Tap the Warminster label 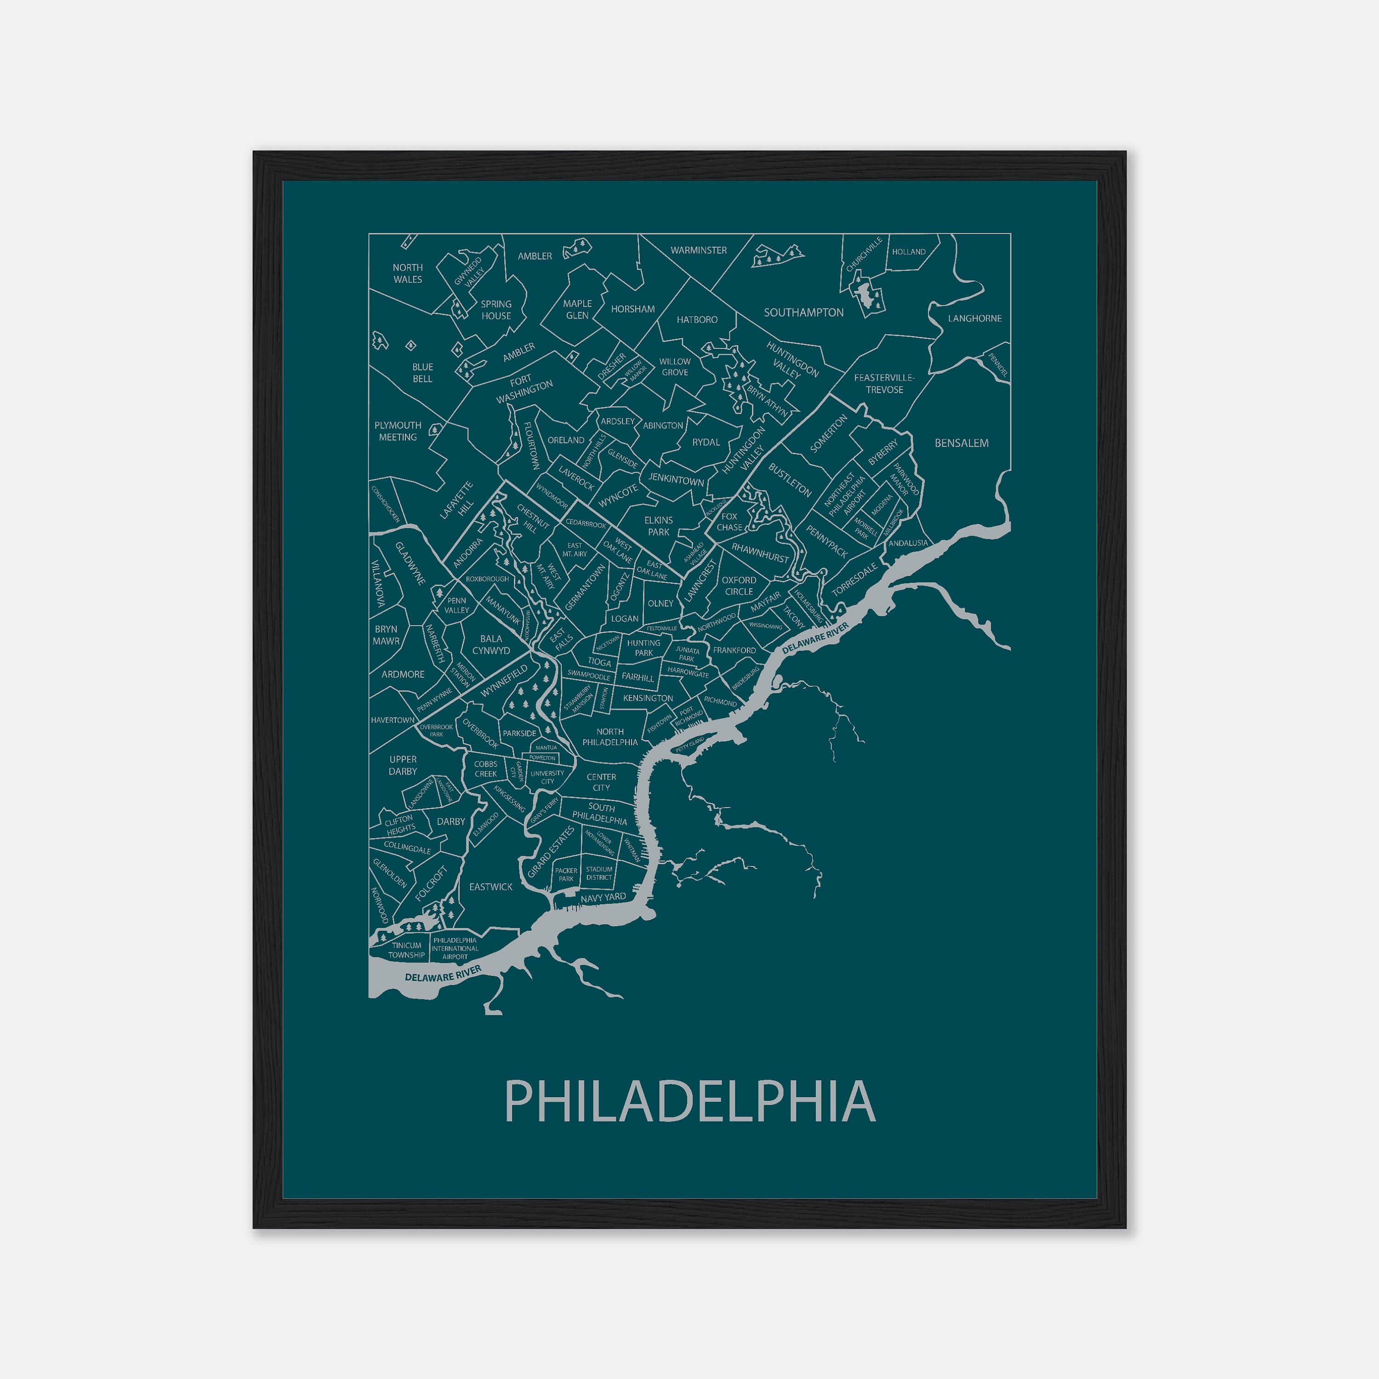click(x=698, y=251)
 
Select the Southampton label click(x=803, y=313)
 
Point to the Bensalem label click(x=962, y=443)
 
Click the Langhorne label click(x=974, y=319)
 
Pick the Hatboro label click(x=697, y=320)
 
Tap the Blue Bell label click(x=422, y=373)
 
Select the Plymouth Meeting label click(x=398, y=431)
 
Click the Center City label click(x=601, y=782)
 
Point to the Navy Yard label click(x=603, y=898)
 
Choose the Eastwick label click(x=490, y=887)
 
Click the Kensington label click(x=647, y=698)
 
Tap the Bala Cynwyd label click(x=491, y=644)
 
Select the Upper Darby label click(x=403, y=765)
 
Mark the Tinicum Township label click(x=406, y=950)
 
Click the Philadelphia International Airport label click(x=455, y=949)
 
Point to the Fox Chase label click(x=729, y=522)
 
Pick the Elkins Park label click(x=658, y=526)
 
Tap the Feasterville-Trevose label click(x=883, y=383)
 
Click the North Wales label click(x=408, y=274)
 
